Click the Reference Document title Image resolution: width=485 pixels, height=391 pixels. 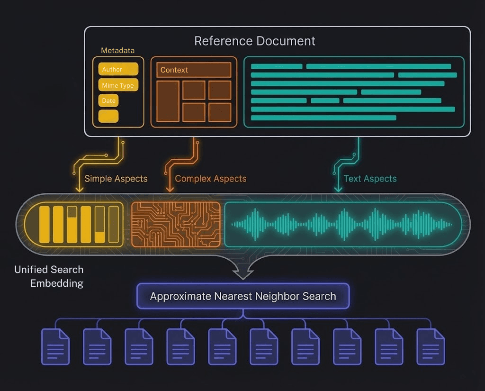pyautogui.click(x=255, y=41)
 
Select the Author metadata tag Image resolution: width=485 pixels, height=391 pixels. pyautogui.click(x=118, y=69)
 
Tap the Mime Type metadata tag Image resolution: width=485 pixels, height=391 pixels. pyautogui.click(x=118, y=85)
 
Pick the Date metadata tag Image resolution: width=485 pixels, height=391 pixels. pyautogui.click(x=108, y=100)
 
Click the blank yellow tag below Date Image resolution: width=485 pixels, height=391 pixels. pyautogui.click(x=108, y=116)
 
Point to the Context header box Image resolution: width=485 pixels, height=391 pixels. pyautogui.click(x=194, y=70)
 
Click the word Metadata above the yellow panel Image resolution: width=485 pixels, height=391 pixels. pyautogui.click(x=118, y=50)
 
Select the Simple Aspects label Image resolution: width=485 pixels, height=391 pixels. pyautogui.click(x=116, y=179)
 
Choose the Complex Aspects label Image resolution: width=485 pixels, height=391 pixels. pyautogui.click(x=211, y=179)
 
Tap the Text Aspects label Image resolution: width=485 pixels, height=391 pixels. pyautogui.click(x=370, y=179)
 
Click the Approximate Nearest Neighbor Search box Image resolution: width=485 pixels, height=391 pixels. pyautogui.click(x=243, y=296)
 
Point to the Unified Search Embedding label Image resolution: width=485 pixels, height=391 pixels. pyautogui.click(x=49, y=276)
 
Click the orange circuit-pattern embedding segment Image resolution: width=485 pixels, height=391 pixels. pyautogui.click(x=175, y=224)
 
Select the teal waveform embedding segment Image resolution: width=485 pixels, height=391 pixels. pyautogui.click(x=342, y=224)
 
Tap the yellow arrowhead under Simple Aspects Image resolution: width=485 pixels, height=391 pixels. pyautogui.click(x=80, y=189)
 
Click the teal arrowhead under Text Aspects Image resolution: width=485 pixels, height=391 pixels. pyautogui.click(x=338, y=189)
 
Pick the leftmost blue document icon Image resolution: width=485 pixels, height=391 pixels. pyautogui.click(x=55, y=346)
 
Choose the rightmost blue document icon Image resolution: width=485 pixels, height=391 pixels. pyautogui.click(x=431, y=346)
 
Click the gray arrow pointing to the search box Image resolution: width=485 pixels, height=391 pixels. pyautogui.click(x=243, y=271)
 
